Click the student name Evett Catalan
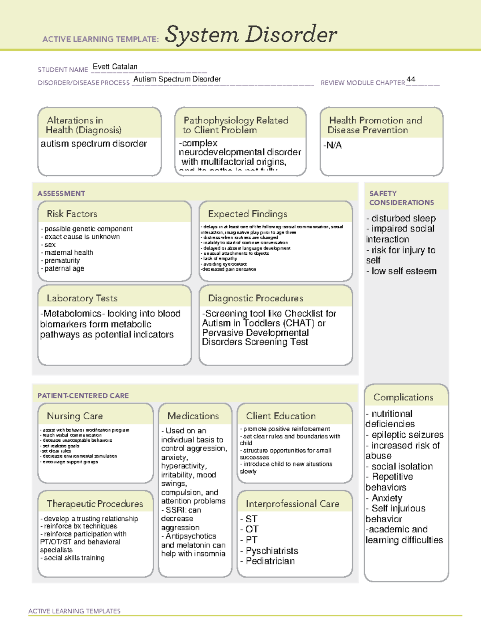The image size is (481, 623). pyautogui.click(x=115, y=67)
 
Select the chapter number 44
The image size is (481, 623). pyautogui.click(x=410, y=79)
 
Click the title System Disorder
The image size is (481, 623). pyautogui.click(x=251, y=34)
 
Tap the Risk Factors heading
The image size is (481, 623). pyautogui.click(x=72, y=214)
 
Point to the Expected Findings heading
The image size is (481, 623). pyautogui.click(x=247, y=214)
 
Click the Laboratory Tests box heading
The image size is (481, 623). pyautogui.click(x=82, y=298)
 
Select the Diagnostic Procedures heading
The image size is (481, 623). pyautogui.click(x=255, y=298)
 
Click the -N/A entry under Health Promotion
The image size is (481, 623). pyautogui.click(x=332, y=145)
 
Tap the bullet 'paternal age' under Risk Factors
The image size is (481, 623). pyautogui.click(x=64, y=268)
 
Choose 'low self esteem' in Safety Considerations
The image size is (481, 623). pyautogui.click(x=404, y=271)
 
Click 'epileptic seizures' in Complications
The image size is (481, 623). pyautogui.click(x=407, y=435)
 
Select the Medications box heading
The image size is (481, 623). pyautogui.click(x=193, y=416)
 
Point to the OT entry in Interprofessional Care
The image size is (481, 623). pyautogui.click(x=252, y=529)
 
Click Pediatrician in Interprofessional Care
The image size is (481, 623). pyautogui.click(x=270, y=561)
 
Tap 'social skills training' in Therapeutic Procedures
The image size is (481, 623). pyautogui.click(x=74, y=558)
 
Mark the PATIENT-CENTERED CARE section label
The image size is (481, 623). pyautogui.click(x=83, y=396)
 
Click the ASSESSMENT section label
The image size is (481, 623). pyautogui.click(x=61, y=193)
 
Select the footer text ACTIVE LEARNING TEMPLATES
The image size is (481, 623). pyautogui.click(x=74, y=611)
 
